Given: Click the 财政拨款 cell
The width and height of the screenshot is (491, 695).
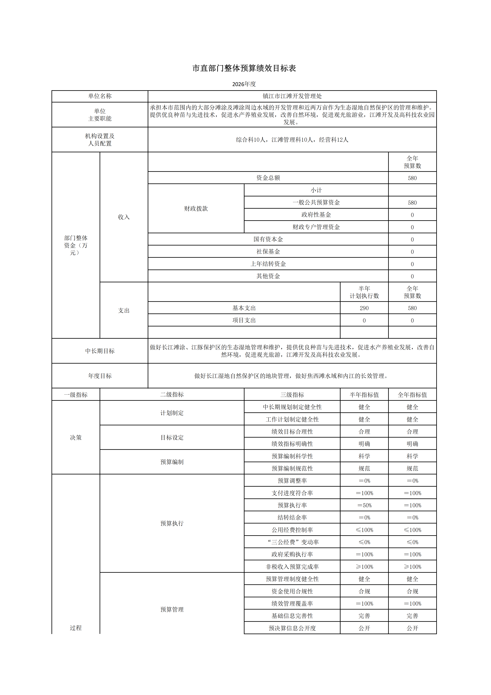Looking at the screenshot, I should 196,208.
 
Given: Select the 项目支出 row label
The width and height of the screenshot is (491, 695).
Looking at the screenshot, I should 244,320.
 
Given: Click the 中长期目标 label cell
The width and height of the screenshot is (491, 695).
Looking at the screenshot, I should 100,351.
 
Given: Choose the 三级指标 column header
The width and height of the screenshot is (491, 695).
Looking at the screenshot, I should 292,395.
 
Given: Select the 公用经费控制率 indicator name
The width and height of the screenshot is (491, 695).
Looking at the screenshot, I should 292,530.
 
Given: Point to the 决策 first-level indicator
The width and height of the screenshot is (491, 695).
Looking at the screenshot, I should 76,437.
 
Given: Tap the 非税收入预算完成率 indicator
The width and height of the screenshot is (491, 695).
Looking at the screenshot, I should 292,567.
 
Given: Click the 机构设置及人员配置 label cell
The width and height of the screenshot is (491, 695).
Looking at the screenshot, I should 100,140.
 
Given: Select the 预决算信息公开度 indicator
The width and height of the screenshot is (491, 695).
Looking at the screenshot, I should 292,628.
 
